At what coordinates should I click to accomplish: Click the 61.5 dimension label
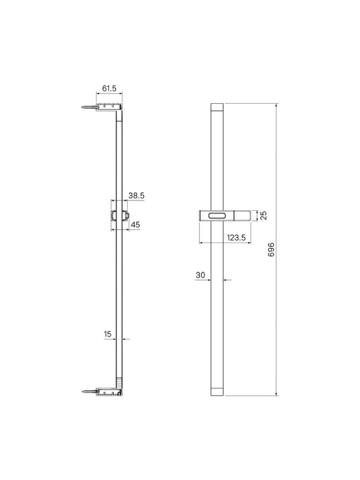(109, 88)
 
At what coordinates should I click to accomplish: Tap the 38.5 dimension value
(136, 196)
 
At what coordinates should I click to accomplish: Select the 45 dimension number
(135, 225)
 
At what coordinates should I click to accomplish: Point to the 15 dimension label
(108, 334)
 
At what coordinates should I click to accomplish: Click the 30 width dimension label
(200, 275)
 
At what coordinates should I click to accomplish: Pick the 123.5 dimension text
(236, 238)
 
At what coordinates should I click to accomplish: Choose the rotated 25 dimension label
(264, 215)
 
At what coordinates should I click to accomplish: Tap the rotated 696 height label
(271, 250)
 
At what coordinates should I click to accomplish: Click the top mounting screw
(89, 108)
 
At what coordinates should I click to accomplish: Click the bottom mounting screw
(89, 391)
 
